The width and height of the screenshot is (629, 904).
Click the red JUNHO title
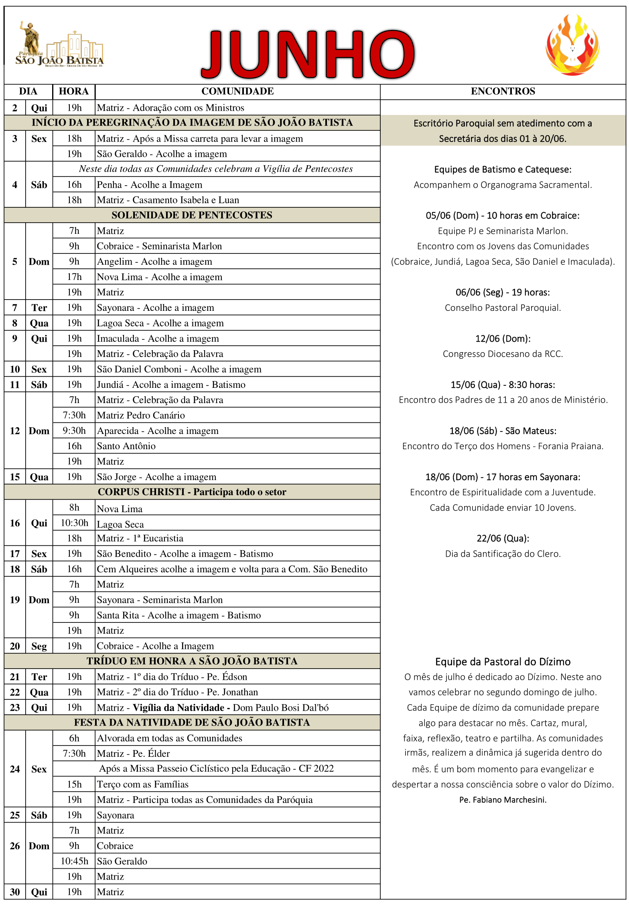308,54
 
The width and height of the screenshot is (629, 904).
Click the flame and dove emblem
572,45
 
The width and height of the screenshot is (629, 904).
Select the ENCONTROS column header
503,91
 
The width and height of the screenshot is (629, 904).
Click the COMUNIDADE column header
237,91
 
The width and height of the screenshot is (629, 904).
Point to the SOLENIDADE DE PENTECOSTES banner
192,215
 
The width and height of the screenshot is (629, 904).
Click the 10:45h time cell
74,861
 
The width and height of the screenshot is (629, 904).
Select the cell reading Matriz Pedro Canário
141,416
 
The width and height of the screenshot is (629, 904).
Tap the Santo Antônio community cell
126,446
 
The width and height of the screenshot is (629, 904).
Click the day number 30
15,892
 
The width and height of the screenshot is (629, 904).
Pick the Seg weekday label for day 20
39,646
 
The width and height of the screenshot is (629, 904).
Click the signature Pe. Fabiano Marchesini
503,800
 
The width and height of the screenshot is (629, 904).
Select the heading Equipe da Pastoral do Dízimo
503,662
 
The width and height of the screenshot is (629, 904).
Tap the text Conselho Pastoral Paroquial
503,308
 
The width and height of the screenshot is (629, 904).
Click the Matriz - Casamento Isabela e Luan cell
168,200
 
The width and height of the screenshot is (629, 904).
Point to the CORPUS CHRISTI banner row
192,492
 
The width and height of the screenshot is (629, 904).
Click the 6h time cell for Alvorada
74,738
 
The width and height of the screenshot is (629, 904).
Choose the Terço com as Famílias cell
143,784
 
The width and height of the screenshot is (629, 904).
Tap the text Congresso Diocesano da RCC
503,354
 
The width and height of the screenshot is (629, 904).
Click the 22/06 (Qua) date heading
503,538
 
